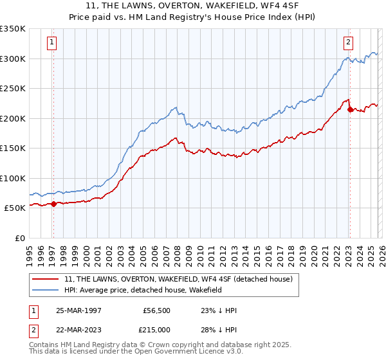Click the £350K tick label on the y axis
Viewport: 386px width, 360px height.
(13, 29)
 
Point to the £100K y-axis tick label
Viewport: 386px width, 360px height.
(13, 178)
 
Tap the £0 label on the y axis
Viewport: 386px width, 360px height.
(20, 238)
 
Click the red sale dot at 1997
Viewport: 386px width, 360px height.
(54, 204)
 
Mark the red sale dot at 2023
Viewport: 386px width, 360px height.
(350, 110)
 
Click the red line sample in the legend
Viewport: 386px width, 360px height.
(46, 279)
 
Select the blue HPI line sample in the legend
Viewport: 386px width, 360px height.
(46, 290)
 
